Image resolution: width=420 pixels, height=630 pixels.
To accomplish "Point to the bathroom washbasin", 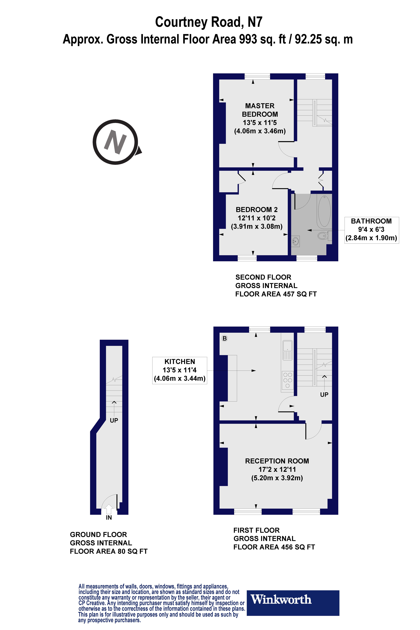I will click(x=295, y=241).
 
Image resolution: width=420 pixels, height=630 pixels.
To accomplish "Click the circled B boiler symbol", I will click(x=224, y=338).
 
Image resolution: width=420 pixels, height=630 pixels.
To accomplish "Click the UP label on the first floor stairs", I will click(x=324, y=395).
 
